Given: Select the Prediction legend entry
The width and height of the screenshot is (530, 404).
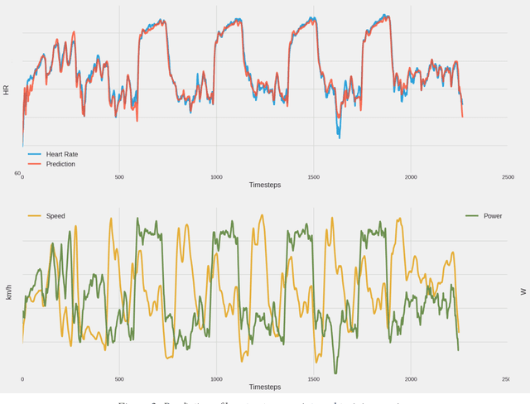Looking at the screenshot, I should [x=60, y=164].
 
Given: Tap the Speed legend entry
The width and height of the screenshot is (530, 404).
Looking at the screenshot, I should [x=55, y=216].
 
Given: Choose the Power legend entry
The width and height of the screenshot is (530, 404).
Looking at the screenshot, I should [x=492, y=216].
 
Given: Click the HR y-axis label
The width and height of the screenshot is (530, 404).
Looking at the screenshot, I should [x=7, y=89].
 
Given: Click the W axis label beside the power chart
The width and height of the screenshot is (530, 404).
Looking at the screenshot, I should [x=523, y=291].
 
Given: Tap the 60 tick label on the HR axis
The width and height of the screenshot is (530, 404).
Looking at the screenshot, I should [x=17, y=174].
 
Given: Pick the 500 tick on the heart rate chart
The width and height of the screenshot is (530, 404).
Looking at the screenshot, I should [x=119, y=177].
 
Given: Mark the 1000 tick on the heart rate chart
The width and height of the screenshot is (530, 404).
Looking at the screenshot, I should [x=216, y=177].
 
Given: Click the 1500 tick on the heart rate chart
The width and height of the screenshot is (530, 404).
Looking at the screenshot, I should [x=313, y=177].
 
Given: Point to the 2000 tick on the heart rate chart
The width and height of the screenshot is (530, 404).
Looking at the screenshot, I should [x=411, y=177].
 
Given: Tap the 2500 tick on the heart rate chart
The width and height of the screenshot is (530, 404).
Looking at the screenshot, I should [x=508, y=177].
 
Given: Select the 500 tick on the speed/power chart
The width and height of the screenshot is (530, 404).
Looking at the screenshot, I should [x=119, y=379].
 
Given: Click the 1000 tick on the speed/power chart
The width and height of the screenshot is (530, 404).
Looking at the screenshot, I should [x=216, y=379].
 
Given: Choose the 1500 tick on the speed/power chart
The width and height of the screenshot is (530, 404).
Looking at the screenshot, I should [x=313, y=379].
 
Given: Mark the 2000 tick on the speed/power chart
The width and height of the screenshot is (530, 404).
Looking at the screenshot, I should [x=411, y=379].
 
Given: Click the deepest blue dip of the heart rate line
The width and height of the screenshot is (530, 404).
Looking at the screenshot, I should [x=338, y=135].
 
